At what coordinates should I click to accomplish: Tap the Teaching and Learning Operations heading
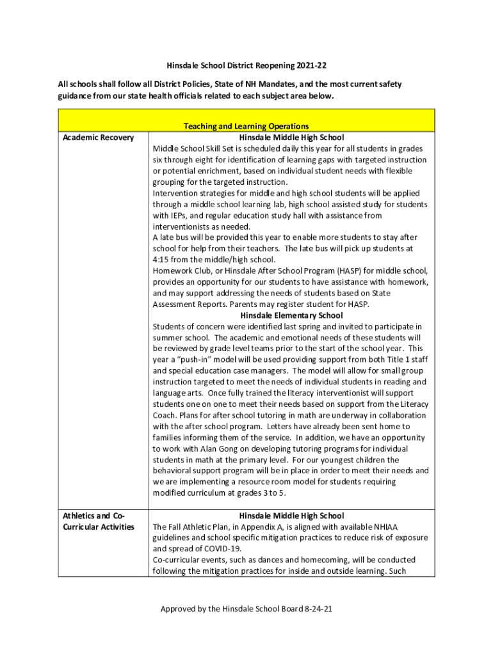coord(247,127)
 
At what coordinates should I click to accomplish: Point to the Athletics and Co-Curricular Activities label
coord(98,521)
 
